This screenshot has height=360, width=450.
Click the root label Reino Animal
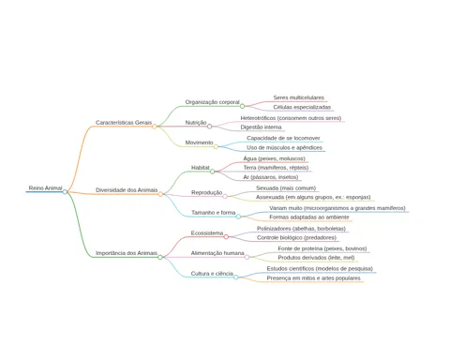(45, 188)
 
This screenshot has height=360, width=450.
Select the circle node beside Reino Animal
(65, 192)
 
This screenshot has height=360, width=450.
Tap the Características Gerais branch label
(124, 123)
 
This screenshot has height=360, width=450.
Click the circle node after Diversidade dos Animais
(160, 194)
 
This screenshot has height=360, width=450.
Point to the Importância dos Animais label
(127, 253)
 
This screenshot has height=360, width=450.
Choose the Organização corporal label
(212, 102)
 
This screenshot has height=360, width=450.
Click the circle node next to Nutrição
(209, 127)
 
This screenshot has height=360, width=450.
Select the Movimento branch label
(199, 142)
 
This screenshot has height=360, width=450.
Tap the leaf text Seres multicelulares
(299, 97)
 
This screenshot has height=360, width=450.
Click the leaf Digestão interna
(261, 127)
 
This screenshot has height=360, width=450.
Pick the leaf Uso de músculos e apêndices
(284, 147)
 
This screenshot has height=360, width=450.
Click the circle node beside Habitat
(212, 172)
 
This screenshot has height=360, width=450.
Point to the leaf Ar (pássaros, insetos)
(271, 177)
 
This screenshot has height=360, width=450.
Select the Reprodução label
(207, 192)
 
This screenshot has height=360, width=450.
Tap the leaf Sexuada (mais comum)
(286, 188)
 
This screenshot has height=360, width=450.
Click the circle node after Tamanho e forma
(238, 217)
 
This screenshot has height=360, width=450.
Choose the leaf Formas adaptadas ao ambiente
(309, 217)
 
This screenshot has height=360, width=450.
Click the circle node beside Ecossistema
(226, 236)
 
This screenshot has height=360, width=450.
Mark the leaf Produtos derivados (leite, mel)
(316, 258)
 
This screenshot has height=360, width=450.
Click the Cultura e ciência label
(212, 274)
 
